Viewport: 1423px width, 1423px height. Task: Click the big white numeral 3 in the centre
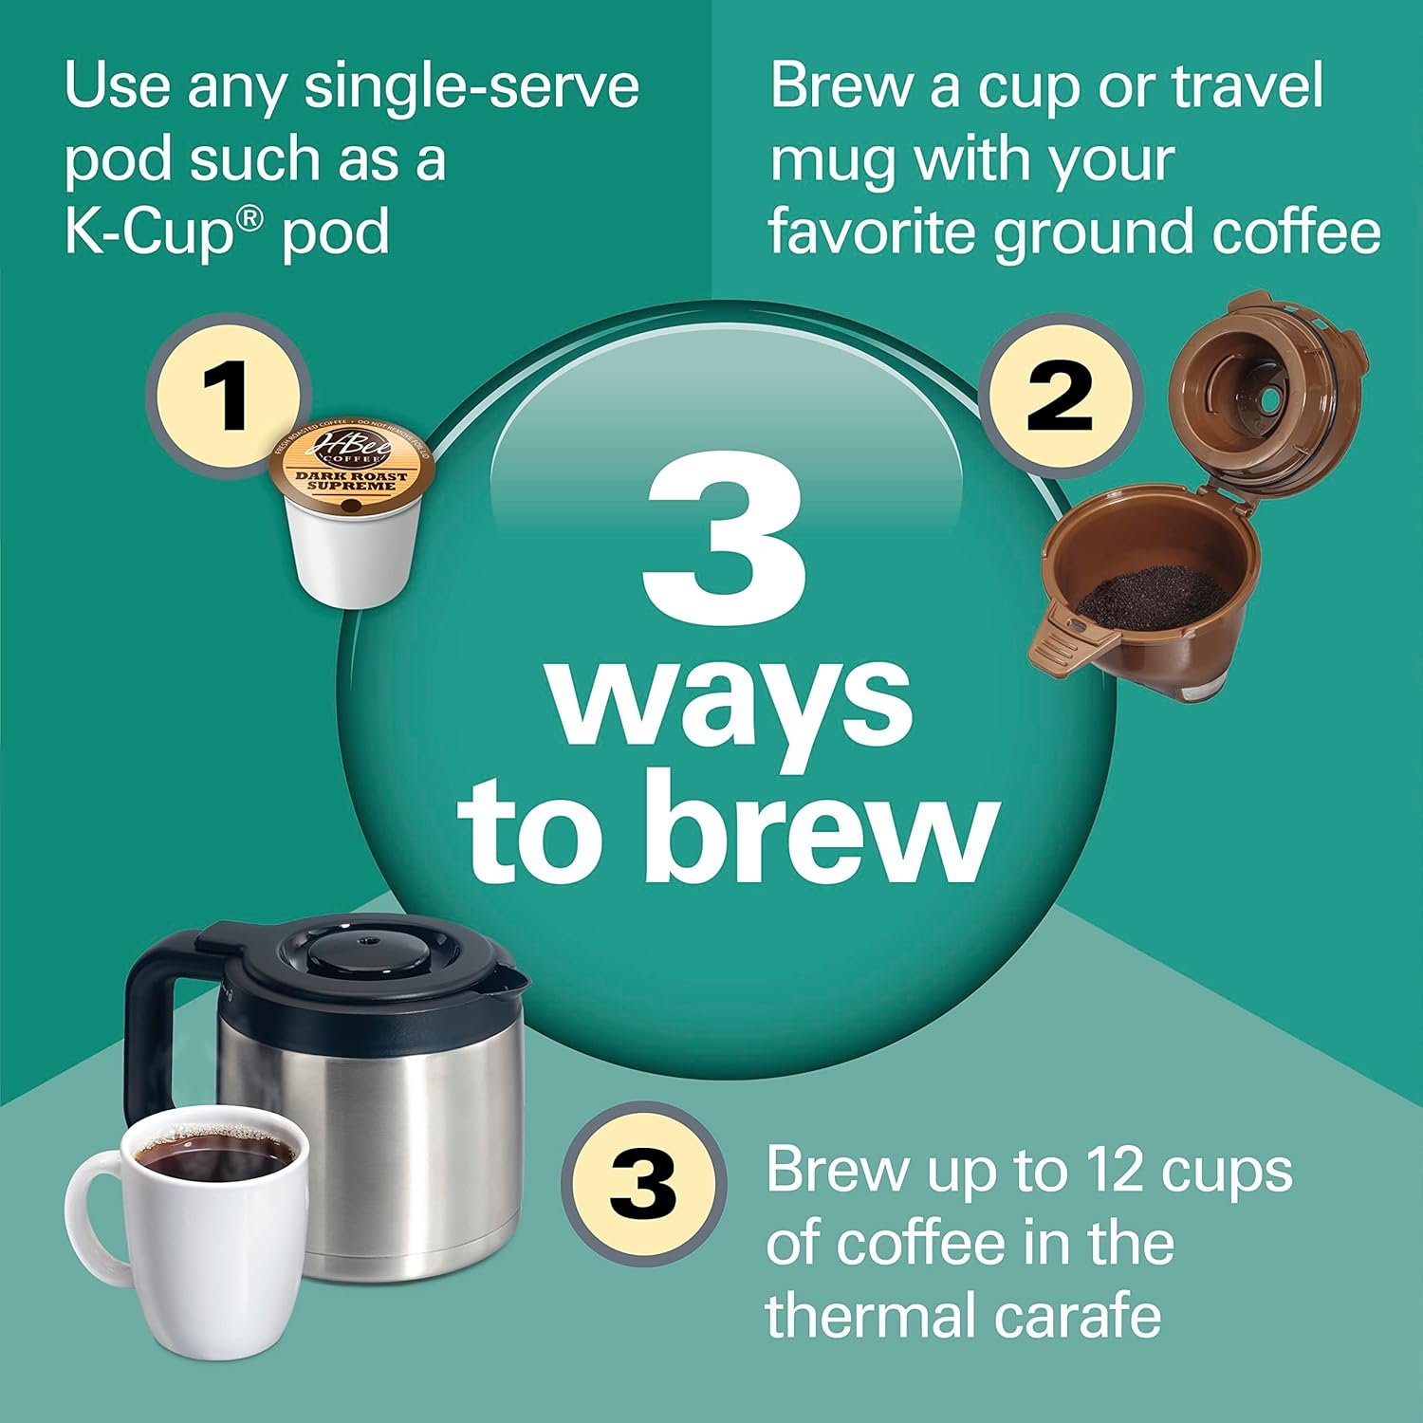(724, 536)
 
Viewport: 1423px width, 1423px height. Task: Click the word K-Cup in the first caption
(148, 232)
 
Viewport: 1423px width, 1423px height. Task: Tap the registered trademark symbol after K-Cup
(249, 220)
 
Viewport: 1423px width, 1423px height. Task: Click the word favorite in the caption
(874, 232)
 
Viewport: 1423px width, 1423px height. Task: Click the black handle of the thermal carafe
(152, 1006)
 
